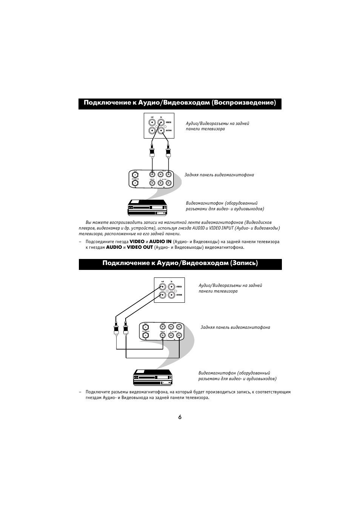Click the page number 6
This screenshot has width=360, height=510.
coord(180,417)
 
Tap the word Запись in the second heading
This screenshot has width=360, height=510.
coord(244,263)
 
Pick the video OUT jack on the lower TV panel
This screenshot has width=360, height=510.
coord(162,287)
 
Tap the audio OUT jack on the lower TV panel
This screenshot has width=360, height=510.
coord(162,295)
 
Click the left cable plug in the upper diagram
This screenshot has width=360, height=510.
coord(152,152)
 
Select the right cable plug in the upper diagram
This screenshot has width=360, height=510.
coord(168,152)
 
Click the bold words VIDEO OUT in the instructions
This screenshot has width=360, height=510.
coord(140,248)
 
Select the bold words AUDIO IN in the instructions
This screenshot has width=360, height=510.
coord(160,242)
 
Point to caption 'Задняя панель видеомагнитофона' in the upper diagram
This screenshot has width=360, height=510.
coord(219,175)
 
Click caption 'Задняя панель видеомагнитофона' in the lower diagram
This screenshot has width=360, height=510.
coord(235,327)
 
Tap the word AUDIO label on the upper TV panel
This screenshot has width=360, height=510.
coord(169,131)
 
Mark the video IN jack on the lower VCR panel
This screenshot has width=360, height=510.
coord(162,335)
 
